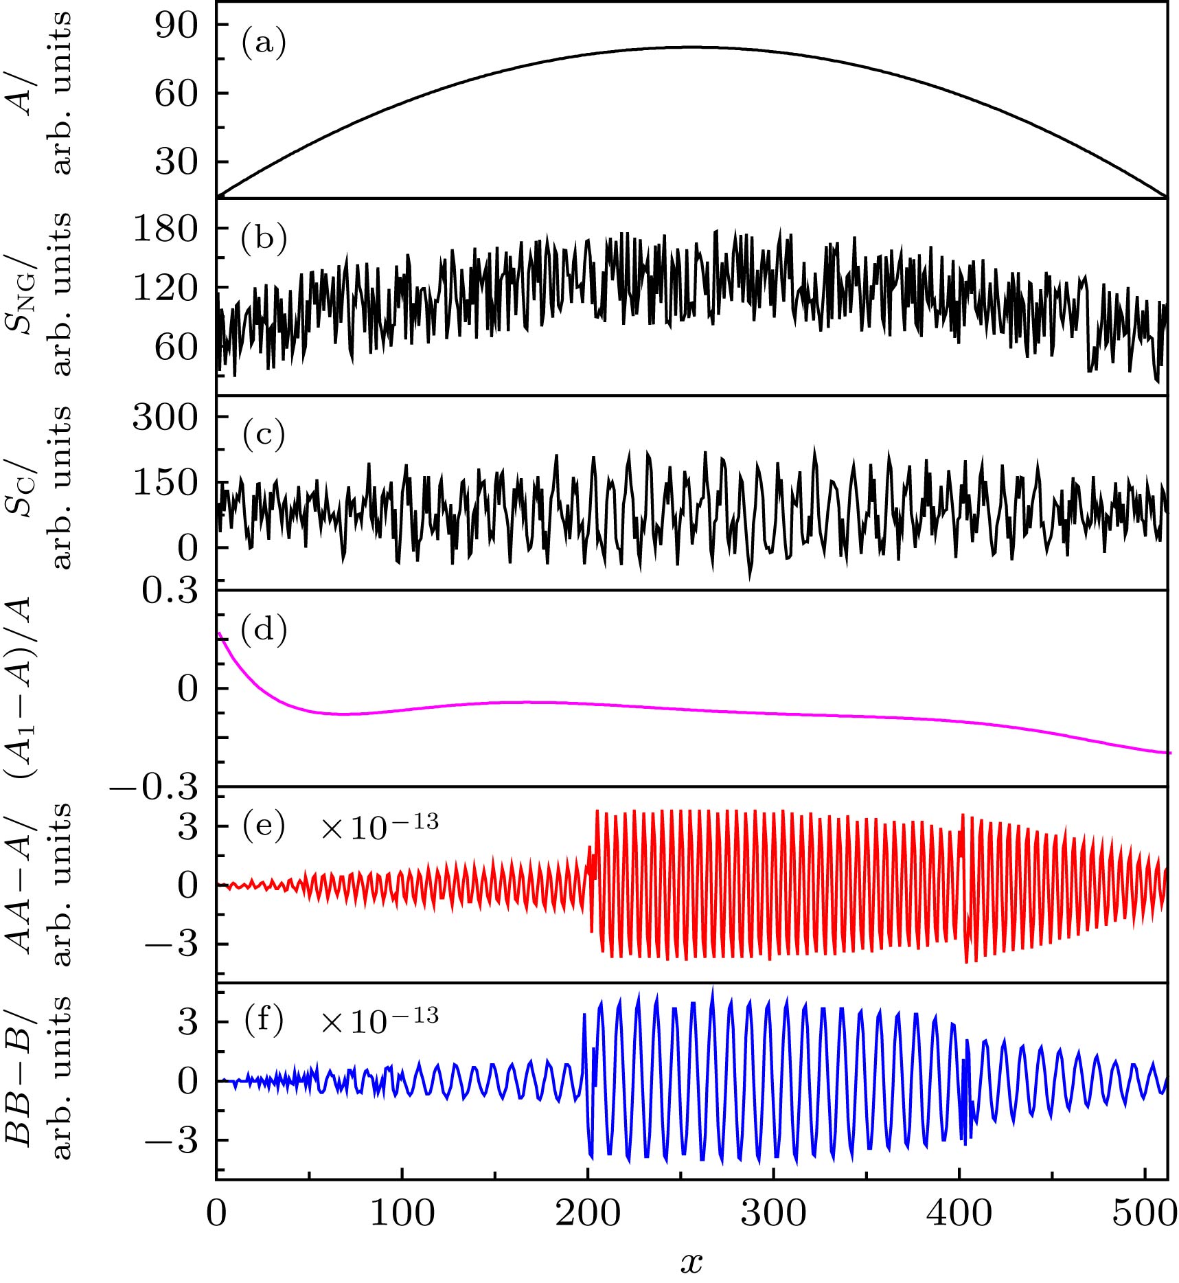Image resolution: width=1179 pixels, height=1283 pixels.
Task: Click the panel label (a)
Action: coord(263,43)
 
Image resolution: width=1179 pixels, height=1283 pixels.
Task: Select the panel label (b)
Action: coord(264,238)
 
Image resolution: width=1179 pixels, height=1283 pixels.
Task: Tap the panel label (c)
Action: coord(263,435)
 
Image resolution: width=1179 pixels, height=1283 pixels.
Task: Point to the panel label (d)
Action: coord(264,629)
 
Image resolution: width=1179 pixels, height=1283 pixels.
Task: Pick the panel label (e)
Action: coord(263,826)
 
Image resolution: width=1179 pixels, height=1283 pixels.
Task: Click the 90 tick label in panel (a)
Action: coord(176,25)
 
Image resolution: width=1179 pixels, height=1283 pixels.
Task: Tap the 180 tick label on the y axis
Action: coord(165,228)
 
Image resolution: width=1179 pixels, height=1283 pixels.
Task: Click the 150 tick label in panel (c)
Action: coord(165,483)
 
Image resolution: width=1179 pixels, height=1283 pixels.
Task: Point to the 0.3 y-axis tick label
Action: coord(170,591)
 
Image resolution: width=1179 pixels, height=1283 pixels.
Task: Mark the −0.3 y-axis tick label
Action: coord(153,788)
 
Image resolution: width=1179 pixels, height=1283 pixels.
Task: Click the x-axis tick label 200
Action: coord(588,1214)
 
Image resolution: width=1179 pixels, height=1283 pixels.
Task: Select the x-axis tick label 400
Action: coord(959,1214)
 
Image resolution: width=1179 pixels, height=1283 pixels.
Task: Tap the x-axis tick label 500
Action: coord(1145,1214)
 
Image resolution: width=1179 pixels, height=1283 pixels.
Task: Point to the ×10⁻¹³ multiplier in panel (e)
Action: coord(379,826)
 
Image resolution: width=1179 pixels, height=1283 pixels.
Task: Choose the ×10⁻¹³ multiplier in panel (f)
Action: coord(379,1021)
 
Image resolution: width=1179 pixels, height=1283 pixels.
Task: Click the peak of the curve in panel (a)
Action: coord(691,47)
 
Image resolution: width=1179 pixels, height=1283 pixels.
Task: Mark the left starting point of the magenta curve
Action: coord(218,633)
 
